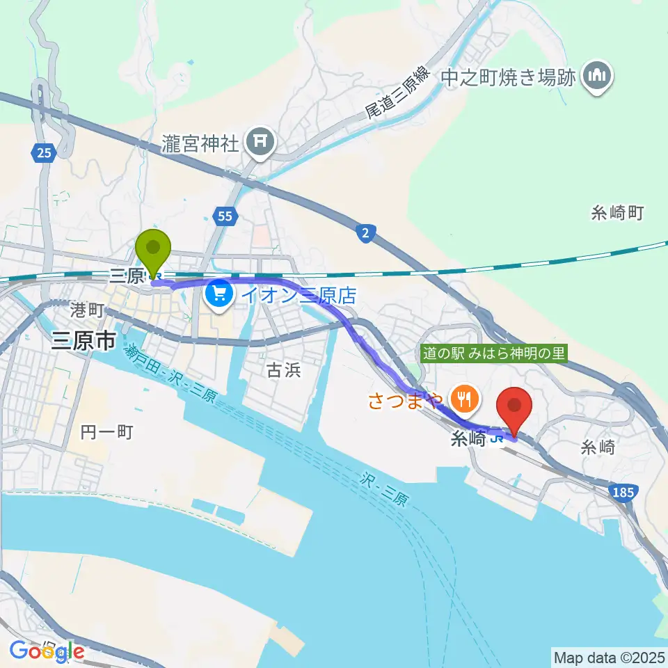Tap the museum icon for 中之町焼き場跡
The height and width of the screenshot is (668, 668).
tap(596, 77)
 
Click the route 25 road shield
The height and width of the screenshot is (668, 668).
tap(43, 153)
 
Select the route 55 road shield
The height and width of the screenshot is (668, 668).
tap(224, 217)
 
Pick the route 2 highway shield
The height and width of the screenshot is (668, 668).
tap(365, 234)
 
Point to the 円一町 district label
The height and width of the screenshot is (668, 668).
tap(106, 432)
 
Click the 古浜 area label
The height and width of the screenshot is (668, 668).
tap(284, 371)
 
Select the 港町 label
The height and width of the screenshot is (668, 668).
tap(87, 308)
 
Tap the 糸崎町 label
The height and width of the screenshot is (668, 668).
tap(619, 213)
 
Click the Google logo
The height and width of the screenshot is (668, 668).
tap(47, 651)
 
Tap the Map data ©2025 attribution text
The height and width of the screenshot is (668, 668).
tap(607, 657)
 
